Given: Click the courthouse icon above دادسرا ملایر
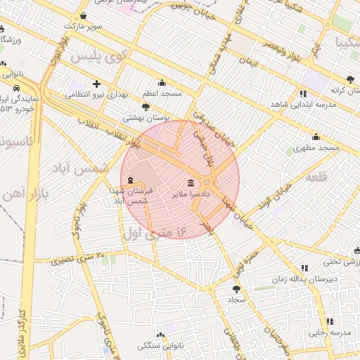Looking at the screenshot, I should [x=192, y=182].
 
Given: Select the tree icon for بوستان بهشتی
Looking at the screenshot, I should [x=146, y=107].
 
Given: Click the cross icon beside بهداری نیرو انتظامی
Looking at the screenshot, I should [x=96, y=84].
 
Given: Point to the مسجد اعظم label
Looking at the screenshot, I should [x=162, y=93].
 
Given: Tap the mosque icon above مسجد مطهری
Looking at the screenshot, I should [x=316, y=137].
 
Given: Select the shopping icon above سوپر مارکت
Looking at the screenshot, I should [x=84, y=15].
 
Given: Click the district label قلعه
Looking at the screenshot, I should [x=316, y=177].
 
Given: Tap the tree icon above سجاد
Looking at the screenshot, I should [x=236, y=288].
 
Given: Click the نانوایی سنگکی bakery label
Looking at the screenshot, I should [x=160, y=346].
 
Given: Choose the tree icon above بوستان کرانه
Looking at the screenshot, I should [x=350, y=79].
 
